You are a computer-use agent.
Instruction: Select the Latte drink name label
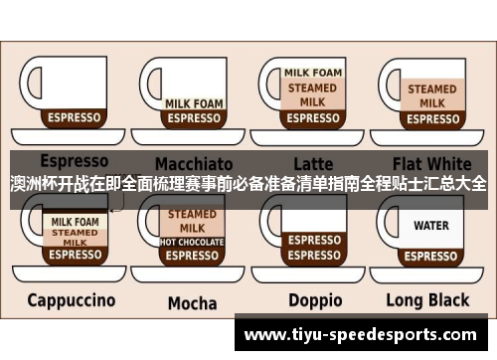coord(313,162)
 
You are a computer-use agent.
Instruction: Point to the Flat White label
coord(432,162)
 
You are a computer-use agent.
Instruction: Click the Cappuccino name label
coord(71,299)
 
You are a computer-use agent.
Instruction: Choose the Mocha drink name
coord(192,302)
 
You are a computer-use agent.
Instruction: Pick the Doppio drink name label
coord(315,300)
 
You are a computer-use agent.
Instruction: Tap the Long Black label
coord(428,300)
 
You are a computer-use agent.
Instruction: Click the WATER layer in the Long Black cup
coord(431,226)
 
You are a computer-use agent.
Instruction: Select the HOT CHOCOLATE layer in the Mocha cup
coord(192,241)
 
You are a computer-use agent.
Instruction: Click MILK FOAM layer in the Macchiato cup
coord(192,102)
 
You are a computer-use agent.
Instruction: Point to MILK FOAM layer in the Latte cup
coord(314,73)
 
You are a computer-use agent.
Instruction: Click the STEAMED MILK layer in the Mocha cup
coord(192,220)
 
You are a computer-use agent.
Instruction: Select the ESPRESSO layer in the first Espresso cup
coord(75,117)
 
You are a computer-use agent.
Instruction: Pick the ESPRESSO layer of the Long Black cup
coord(431,255)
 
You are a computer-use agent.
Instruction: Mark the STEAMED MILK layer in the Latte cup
coord(314,94)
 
